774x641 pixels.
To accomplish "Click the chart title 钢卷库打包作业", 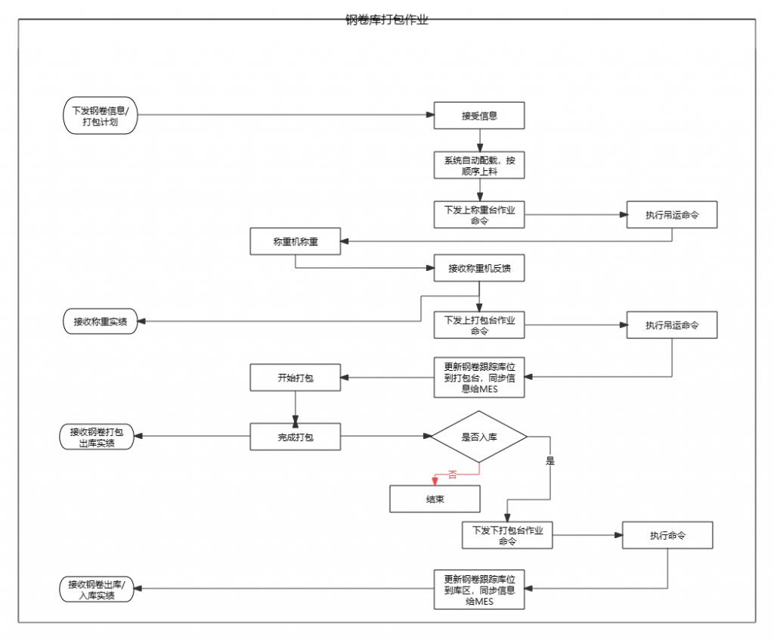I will (387, 20).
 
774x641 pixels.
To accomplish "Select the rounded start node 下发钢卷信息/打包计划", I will (101, 116).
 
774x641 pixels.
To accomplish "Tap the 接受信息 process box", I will (479, 116).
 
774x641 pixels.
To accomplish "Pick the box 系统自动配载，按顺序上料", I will (479, 165).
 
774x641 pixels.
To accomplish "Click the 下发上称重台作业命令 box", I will (479, 215).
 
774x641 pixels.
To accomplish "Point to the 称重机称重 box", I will (296, 242).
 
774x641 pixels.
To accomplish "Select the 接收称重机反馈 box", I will (479, 268).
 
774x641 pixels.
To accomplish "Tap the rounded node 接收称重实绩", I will (100, 322).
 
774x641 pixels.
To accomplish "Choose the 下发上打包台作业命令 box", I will (479, 325).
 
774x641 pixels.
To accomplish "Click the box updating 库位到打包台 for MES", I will (479, 377).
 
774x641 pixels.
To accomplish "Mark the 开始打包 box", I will (296, 377).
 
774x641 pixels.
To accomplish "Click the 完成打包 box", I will (296, 436).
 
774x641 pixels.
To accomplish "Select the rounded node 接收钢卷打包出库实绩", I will (97, 437).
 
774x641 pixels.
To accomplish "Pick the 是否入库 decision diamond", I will (479, 436).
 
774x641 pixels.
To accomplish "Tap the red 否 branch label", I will (453, 475).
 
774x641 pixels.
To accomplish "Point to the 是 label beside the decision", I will (550, 460).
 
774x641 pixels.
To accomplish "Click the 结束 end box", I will (435, 499).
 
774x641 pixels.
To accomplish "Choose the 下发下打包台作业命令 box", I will (507, 535).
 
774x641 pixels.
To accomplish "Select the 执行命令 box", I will (667, 535).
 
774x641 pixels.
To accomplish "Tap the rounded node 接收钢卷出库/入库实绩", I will (97, 589).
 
